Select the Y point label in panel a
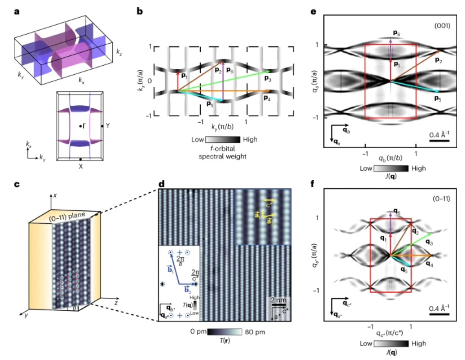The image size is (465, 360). pos(108,126)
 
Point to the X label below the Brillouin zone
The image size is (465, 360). pos(80,166)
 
